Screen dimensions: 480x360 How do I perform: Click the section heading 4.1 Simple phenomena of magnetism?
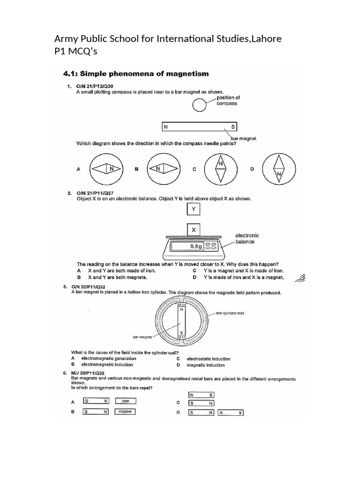click(x=136, y=74)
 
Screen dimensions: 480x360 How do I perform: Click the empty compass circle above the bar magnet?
click(x=200, y=107)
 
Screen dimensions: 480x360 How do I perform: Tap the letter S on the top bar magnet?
click(x=232, y=127)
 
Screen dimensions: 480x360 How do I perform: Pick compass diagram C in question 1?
click(x=220, y=169)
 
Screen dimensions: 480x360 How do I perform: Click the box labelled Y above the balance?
click(x=194, y=210)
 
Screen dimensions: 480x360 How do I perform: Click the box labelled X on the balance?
click(x=194, y=230)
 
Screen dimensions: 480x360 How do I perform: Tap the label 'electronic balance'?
click(x=247, y=239)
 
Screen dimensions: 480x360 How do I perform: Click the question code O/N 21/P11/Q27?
click(x=95, y=193)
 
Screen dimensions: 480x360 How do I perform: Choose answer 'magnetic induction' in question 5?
click(x=205, y=365)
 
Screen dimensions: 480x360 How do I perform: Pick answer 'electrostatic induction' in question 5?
click(x=208, y=359)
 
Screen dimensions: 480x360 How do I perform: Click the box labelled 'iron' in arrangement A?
click(x=125, y=401)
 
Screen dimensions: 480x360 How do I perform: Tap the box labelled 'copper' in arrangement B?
click(x=125, y=412)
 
